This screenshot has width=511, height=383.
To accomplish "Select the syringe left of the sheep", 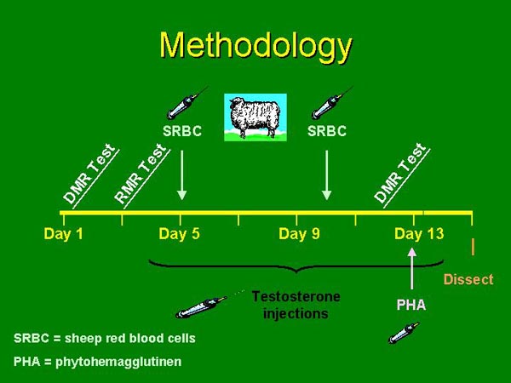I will (x=187, y=102).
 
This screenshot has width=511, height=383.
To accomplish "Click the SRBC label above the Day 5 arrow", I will (x=182, y=132).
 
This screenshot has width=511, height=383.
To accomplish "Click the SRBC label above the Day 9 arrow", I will (x=327, y=132).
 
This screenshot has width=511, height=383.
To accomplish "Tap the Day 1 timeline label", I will (x=64, y=234).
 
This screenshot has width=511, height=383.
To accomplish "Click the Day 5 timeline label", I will (x=179, y=234).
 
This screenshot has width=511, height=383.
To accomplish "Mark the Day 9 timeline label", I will (x=299, y=234).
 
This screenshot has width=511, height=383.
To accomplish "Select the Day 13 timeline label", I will (x=419, y=234).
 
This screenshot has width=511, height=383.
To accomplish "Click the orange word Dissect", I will (x=468, y=279).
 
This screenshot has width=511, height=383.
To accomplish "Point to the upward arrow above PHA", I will (x=413, y=268).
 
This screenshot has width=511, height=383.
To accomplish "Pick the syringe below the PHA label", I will (x=403, y=331).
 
